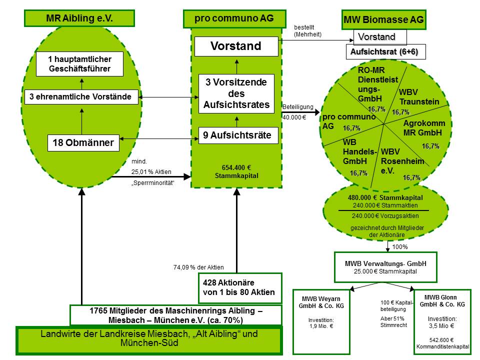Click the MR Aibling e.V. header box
click(79, 19)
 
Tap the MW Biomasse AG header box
click(383, 20)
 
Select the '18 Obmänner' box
click(83, 143)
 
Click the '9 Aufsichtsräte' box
click(237, 135)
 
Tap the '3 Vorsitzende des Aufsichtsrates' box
click(236, 93)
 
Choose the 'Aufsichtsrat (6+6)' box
click(385, 52)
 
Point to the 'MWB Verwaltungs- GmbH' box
click(384, 266)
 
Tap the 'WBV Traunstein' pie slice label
click(418, 97)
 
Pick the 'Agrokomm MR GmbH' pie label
click(423, 128)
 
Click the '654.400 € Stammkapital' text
click(235, 171)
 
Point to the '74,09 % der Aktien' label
click(198, 267)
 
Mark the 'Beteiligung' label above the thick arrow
click(297, 107)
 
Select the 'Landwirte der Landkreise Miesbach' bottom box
click(149, 338)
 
